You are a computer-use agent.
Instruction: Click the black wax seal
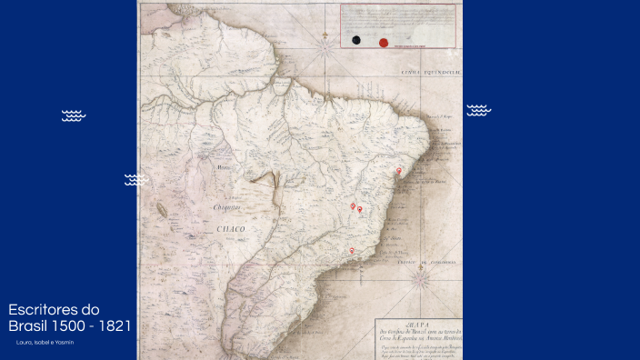click(357, 41)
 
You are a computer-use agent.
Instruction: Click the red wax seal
click(383, 41)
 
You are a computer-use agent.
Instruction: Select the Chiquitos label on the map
click(226, 207)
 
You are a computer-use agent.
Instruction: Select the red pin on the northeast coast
click(398, 171)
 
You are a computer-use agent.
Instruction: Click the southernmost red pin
click(352, 251)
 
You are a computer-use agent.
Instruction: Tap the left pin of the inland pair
click(353, 206)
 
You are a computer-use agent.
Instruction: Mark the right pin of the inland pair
click(360, 210)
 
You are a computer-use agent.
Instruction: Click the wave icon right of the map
click(479, 110)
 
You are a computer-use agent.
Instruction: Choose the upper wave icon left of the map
click(74, 115)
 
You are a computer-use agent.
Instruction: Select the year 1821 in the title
click(115, 325)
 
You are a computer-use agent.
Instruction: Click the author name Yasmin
click(64, 342)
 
